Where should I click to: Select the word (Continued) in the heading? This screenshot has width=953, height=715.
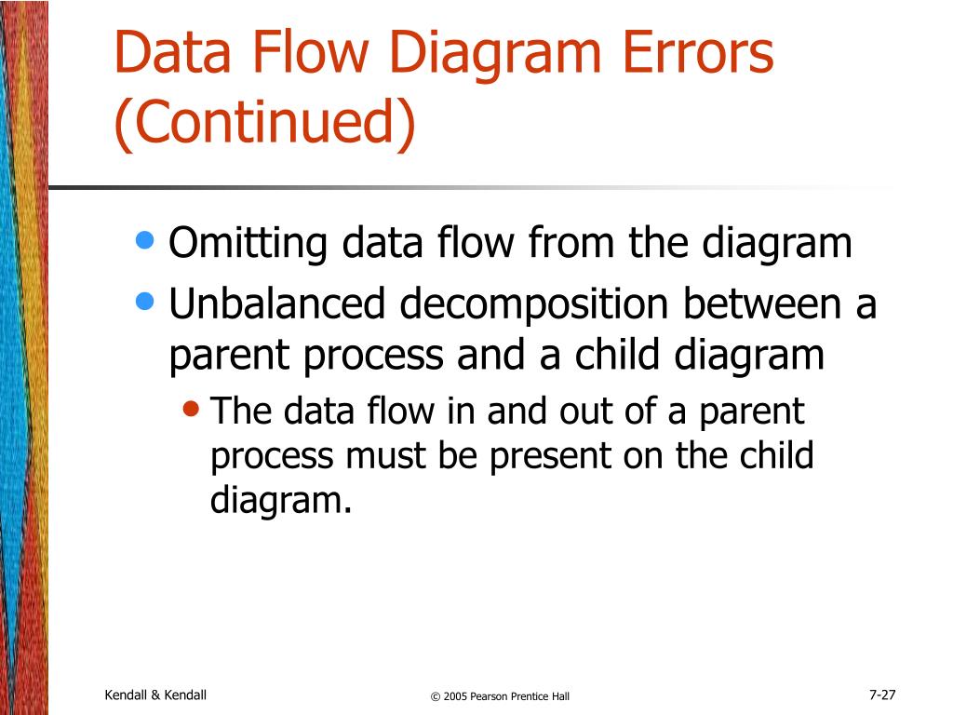click(x=265, y=124)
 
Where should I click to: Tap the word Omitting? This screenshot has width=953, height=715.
click(x=248, y=245)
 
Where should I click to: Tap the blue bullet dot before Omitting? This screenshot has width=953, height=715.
click(x=144, y=241)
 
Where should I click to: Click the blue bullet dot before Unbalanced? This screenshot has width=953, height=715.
click(x=144, y=300)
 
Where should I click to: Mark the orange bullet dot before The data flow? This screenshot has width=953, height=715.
click(x=192, y=409)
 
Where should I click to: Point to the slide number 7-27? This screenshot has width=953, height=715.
click(x=881, y=695)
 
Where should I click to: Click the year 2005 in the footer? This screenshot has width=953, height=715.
click(x=455, y=696)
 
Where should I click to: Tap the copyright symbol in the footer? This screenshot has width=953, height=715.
click(x=435, y=696)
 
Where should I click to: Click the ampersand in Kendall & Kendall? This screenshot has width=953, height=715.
click(x=155, y=695)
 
